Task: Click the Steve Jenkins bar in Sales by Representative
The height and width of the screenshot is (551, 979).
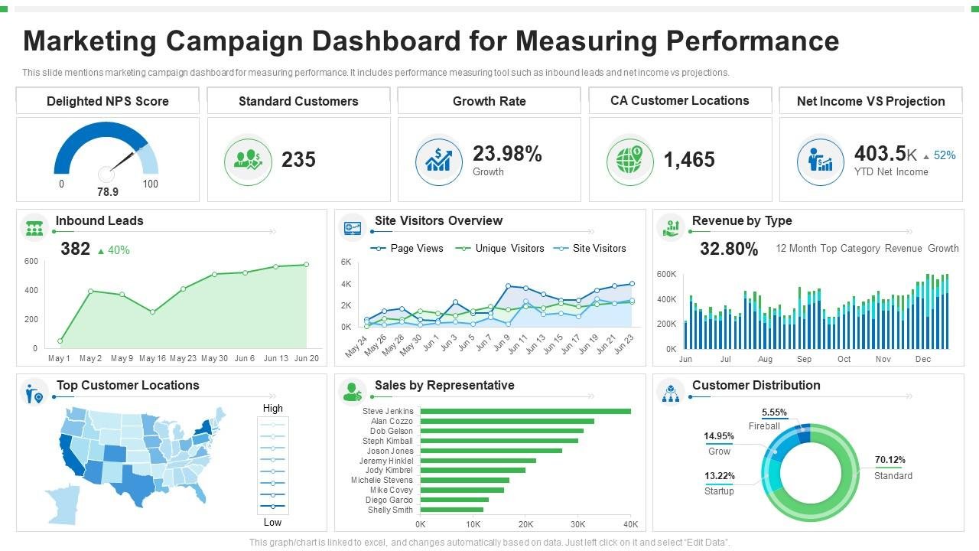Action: pyautogui.click(x=525, y=411)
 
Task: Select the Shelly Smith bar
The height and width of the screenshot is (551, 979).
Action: pyautogui.click(x=451, y=510)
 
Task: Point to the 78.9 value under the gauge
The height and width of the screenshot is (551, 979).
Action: pyautogui.click(x=107, y=192)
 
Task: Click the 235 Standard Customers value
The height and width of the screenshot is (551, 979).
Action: pyautogui.click(x=298, y=160)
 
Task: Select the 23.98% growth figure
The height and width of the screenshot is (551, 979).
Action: pyautogui.click(x=507, y=154)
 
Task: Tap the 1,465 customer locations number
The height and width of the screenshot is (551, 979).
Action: pyautogui.click(x=689, y=160)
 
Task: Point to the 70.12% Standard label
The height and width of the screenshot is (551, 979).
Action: pyautogui.click(x=890, y=460)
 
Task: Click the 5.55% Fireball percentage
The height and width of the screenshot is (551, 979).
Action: pyautogui.click(x=774, y=412)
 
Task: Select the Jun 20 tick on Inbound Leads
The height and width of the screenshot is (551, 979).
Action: pyautogui.click(x=307, y=358)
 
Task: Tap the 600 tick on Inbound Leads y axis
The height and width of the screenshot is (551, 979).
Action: pyautogui.click(x=31, y=262)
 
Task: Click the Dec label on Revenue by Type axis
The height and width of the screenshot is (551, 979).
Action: pyautogui.click(x=922, y=359)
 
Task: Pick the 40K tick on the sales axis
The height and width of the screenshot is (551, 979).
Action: pyautogui.click(x=630, y=524)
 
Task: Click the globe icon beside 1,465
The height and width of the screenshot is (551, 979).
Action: pyautogui.click(x=629, y=161)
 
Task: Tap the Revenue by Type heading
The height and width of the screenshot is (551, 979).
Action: pyautogui.click(x=741, y=221)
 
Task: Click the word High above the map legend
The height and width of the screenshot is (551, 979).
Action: pyautogui.click(x=272, y=409)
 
